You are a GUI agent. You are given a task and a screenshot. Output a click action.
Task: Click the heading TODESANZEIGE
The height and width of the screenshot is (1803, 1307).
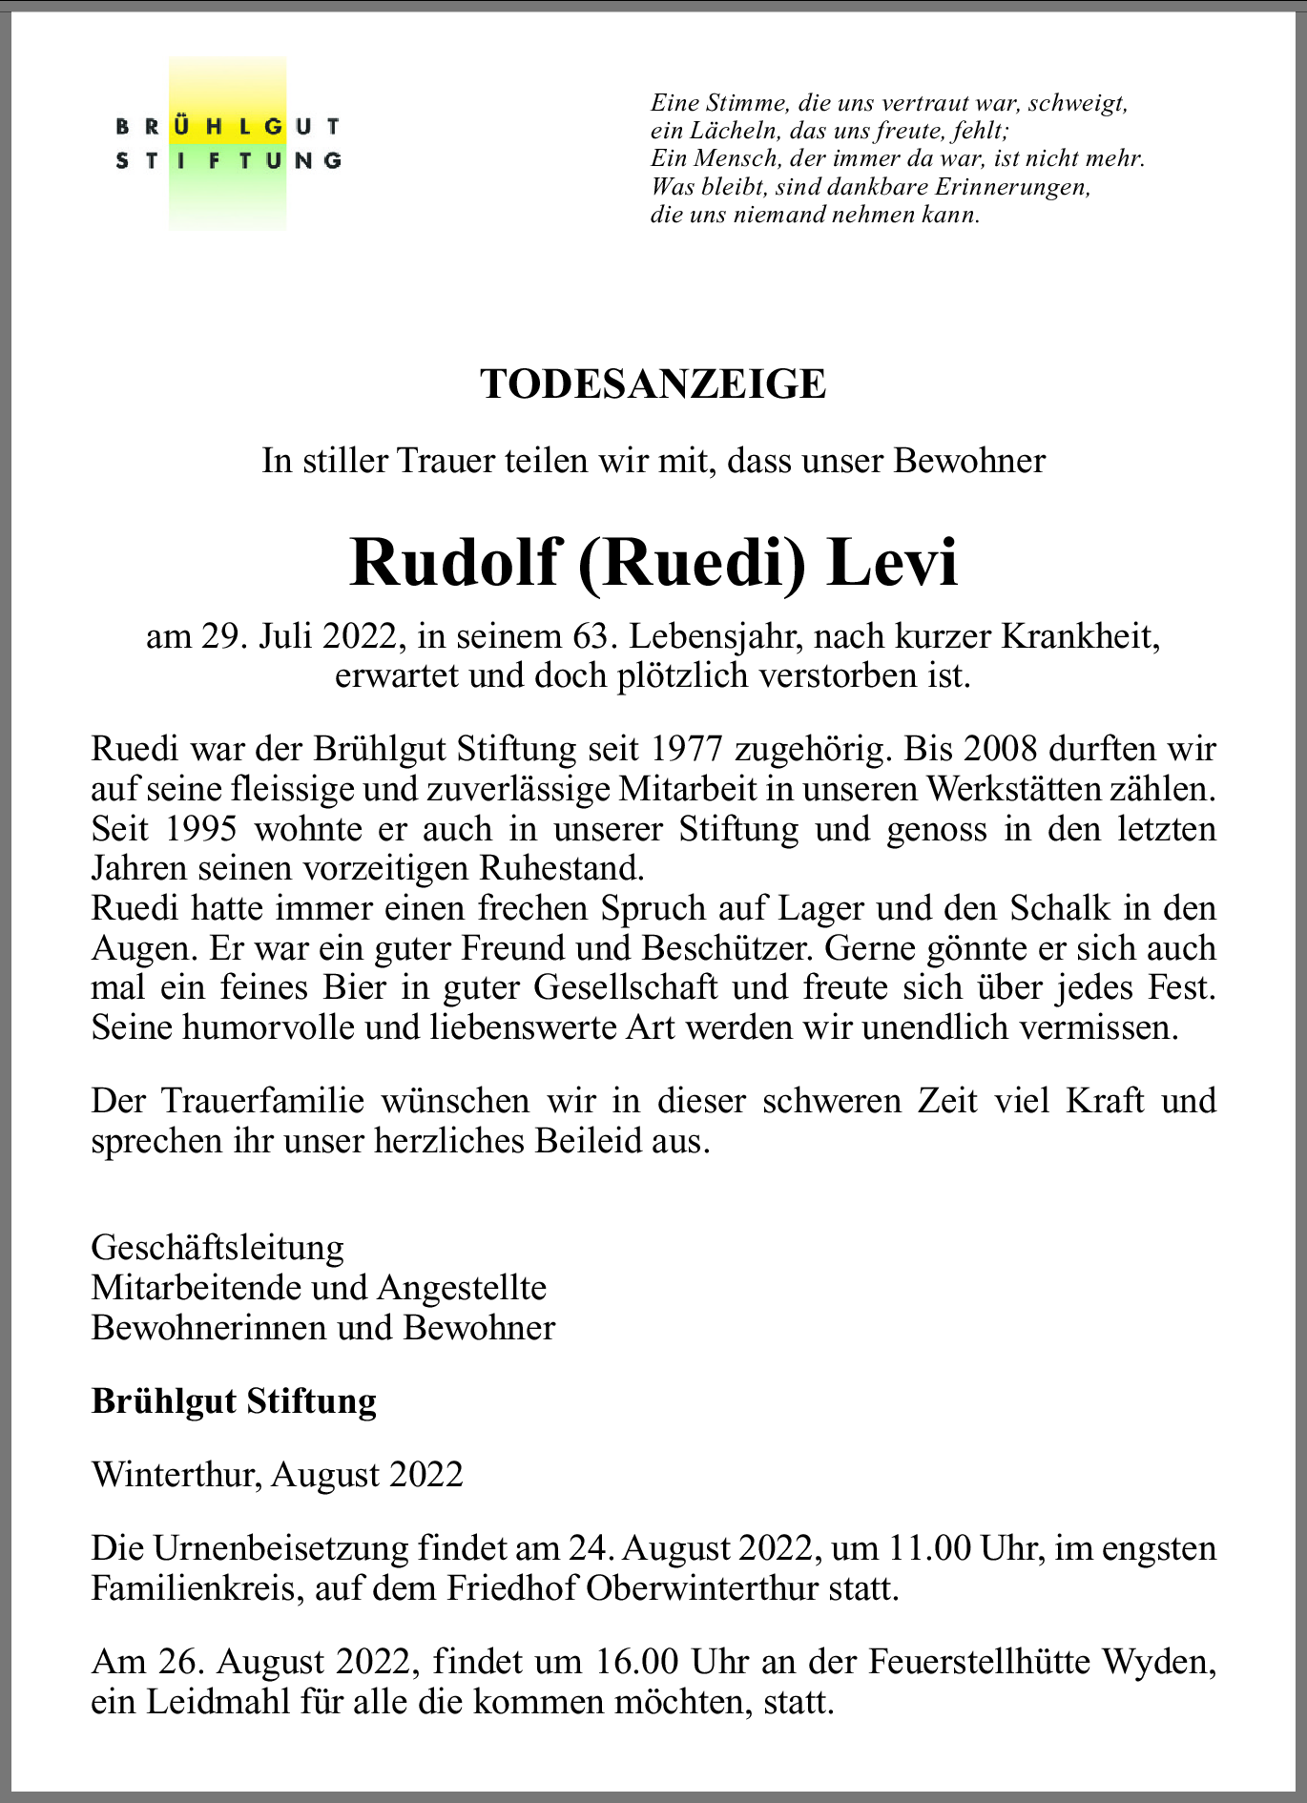tap(653, 384)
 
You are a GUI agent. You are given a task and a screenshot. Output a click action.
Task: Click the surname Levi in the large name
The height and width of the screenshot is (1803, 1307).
tap(892, 563)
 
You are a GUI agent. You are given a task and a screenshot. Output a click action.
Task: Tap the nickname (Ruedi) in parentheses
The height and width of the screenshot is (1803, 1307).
tap(691, 563)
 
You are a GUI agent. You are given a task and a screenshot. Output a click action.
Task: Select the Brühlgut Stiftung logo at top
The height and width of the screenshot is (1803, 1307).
tap(228, 143)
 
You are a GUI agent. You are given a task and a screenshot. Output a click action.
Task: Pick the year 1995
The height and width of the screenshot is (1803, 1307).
tap(201, 828)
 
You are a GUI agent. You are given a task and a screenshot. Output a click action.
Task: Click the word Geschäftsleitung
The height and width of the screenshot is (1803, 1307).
tap(218, 1247)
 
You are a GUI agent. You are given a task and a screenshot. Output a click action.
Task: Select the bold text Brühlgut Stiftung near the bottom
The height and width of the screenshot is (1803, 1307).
tap(234, 1400)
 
